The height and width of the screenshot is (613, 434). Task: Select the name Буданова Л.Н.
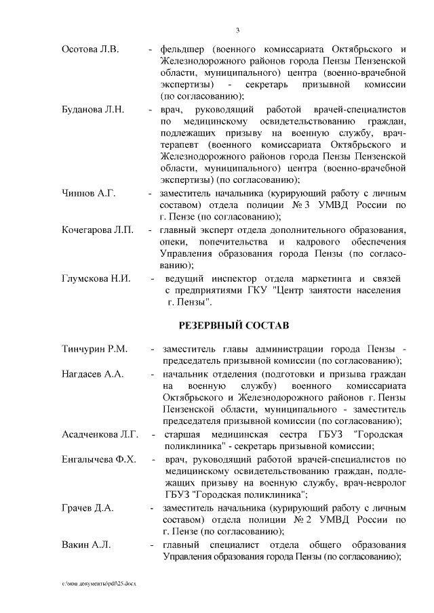(x=92, y=109)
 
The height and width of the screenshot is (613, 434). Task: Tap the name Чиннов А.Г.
(x=88, y=194)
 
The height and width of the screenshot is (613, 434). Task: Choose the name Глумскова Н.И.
(x=96, y=278)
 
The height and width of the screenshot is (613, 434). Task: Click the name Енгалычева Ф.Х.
(x=98, y=459)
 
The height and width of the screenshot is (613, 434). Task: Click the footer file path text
(x=98, y=583)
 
